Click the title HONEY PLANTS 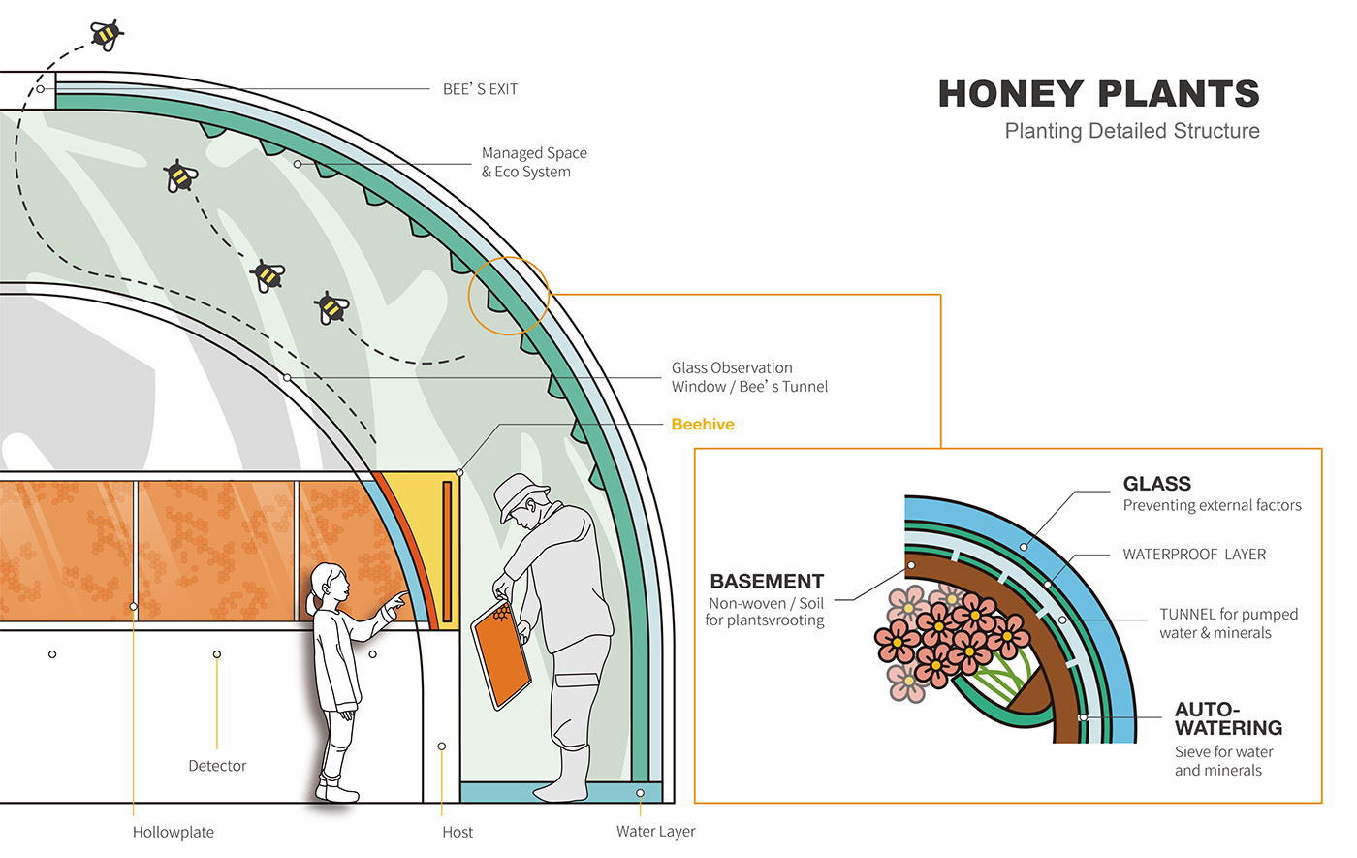(1098, 94)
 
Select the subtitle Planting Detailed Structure (1131, 131)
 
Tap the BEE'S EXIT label (480, 89)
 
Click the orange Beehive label (703, 425)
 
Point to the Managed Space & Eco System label (533, 162)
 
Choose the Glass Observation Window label (749, 377)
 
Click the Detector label (217, 766)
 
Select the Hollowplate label (173, 832)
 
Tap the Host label (458, 832)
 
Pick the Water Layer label (655, 832)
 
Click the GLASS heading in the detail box (1156, 484)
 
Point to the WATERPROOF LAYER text (1194, 555)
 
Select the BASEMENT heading (767, 582)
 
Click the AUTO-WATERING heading (1227, 718)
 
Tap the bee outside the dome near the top (106, 35)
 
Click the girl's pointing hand (395, 605)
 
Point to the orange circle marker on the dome (509, 295)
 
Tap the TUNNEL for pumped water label (1228, 623)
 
